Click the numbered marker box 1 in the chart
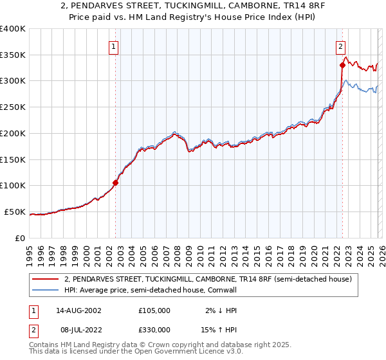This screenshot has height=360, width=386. tap(114, 46)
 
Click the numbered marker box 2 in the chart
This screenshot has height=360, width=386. tap(340, 46)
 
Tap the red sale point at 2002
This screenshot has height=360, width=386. tap(116, 183)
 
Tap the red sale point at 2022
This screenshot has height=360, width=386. tap(342, 65)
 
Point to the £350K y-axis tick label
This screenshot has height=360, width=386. tap(13, 55)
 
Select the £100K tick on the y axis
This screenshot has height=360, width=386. tap(13, 185)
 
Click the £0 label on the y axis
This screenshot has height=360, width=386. tap(19, 238)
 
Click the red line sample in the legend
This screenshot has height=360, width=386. tap(46, 280)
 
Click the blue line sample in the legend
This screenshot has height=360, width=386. tap(46, 291)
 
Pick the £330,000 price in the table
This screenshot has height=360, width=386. tap(154, 329)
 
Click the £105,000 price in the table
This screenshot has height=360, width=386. tap(154, 310)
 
